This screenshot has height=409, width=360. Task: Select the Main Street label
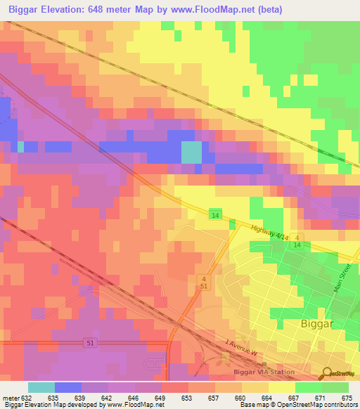point(345,282)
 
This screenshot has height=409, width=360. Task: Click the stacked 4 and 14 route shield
point(297,241)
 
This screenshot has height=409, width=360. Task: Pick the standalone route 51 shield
point(89,342)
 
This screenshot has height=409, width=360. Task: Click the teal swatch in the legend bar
point(41,387)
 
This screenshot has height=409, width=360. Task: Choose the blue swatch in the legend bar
point(68,387)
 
